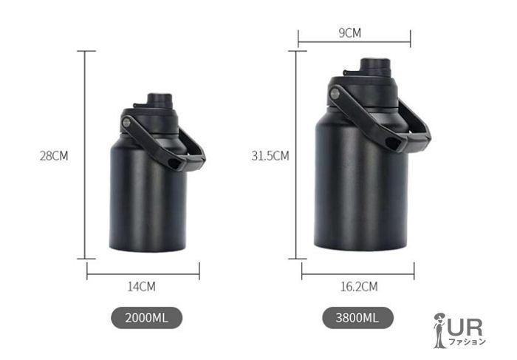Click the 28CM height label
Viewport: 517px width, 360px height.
(x=54, y=156)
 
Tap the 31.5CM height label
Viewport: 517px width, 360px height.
(x=270, y=156)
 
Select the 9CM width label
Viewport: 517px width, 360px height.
(x=349, y=33)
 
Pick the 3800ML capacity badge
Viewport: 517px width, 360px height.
(x=357, y=319)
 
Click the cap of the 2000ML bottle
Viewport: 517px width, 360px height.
(x=158, y=101)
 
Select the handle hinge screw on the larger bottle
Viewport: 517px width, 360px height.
(x=335, y=93)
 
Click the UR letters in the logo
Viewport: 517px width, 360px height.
(x=466, y=324)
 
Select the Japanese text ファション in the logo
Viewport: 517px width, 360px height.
(x=468, y=342)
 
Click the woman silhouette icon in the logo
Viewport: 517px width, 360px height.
(x=440, y=330)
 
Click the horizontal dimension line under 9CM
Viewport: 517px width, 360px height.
(x=354, y=43)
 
